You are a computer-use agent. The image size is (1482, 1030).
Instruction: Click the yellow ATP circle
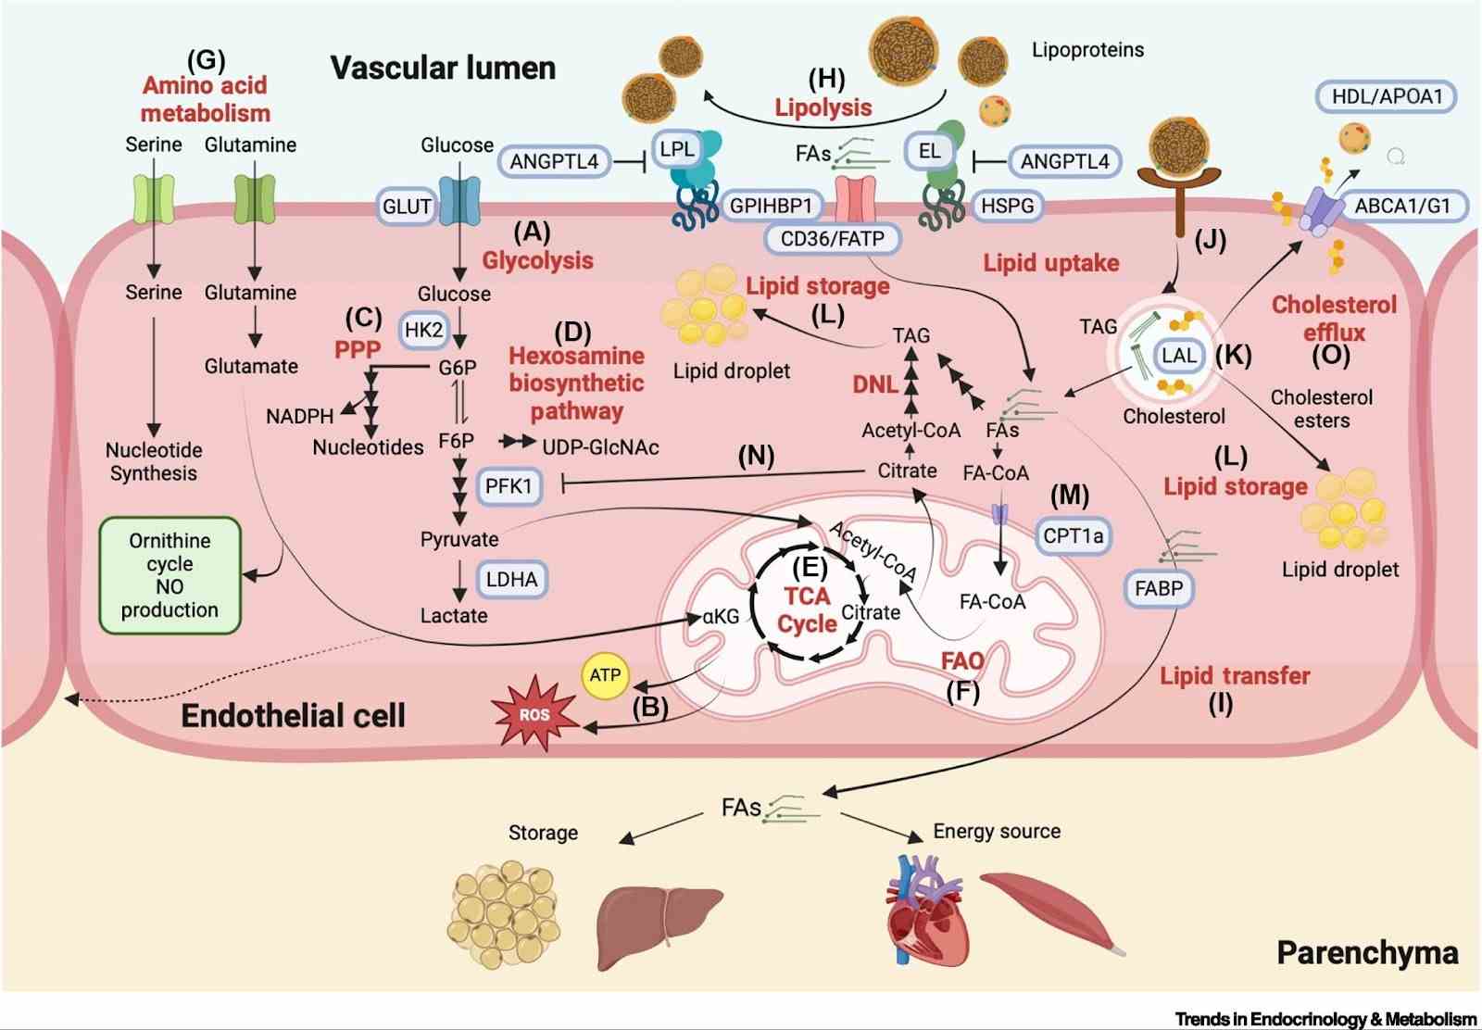(x=605, y=675)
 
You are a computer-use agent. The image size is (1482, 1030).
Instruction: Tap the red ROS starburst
(x=534, y=714)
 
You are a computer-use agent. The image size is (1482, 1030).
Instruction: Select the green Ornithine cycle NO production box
(x=170, y=575)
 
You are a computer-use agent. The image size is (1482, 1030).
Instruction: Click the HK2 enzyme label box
(x=423, y=330)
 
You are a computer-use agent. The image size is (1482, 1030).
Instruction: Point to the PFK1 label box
(x=509, y=485)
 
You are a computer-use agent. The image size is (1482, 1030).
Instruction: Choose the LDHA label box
(x=511, y=580)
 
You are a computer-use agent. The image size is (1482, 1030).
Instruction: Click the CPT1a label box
(x=1073, y=535)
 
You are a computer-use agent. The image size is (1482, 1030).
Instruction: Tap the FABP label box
(x=1159, y=588)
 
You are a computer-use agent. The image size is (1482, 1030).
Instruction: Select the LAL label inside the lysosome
(x=1179, y=356)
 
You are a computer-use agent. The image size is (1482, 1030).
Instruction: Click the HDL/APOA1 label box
(x=1387, y=96)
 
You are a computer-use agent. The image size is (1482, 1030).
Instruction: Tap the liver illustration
(x=657, y=924)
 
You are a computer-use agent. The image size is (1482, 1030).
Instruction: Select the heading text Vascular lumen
(x=443, y=68)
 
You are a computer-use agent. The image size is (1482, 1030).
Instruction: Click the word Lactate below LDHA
(x=453, y=615)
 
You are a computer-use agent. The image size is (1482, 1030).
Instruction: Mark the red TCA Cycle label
(x=807, y=609)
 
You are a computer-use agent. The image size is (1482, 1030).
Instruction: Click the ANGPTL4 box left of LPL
(x=554, y=161)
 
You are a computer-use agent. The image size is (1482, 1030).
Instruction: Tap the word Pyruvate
(x=459, y=539)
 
